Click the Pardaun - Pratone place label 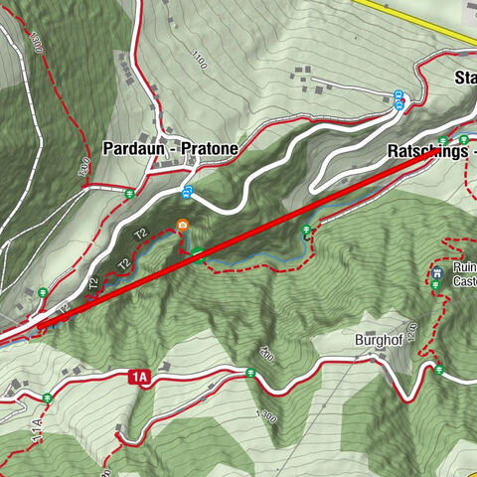(170, 148)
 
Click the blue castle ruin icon (435, 269)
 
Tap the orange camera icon (183, 226)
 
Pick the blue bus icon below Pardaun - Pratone (187, 192)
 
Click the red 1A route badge (138, 378)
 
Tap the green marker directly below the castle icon (435, 286)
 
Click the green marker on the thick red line (199, 253)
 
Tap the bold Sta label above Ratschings (464, 79)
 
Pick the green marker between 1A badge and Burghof (249, 374)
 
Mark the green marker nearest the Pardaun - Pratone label (130, 193)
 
